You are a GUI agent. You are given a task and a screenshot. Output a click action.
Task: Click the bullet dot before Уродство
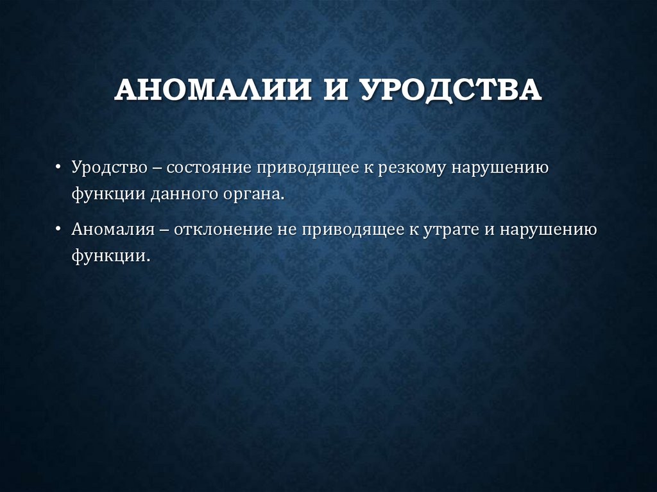[x=58, y=167]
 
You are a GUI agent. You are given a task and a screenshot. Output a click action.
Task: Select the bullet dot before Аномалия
[x=58, y=229]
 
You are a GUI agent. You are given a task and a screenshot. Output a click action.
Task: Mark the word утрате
[x=448, y=230]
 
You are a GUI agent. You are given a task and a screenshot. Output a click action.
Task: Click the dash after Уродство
[x=157, y=168]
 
